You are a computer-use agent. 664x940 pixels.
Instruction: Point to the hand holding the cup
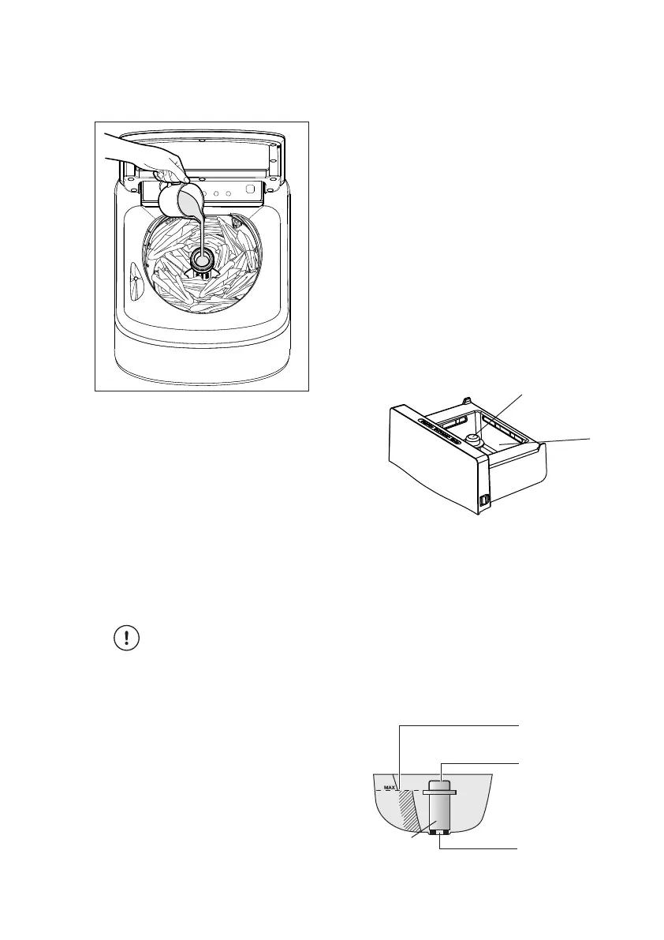coord(150,158)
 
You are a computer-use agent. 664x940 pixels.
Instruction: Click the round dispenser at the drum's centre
coord(203,260)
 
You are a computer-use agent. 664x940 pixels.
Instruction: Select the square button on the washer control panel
coord(250,189)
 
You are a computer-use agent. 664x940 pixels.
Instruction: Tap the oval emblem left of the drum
coord(136,279)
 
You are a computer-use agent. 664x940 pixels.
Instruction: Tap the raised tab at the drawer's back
coord(468,400)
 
